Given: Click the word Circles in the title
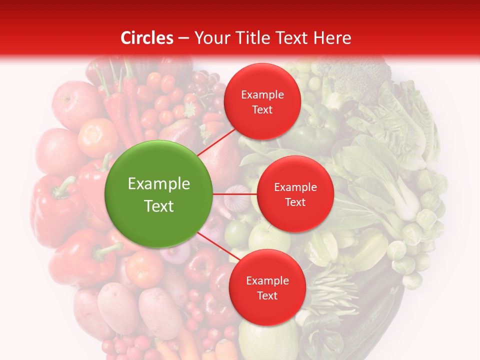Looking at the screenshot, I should pos(147,38).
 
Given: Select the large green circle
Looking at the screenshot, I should pos(158,194).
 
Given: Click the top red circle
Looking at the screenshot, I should pos(262,101).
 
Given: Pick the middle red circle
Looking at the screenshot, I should pos(295,194).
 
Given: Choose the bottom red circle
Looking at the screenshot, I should pos(267,287).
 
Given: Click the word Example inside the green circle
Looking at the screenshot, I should pos(158,184).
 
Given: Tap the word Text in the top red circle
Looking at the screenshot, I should pos(262,109).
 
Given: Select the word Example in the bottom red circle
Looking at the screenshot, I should pos(267,280).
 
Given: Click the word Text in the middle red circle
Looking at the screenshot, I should pos(295,202).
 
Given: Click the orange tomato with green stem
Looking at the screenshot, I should pos(98,137).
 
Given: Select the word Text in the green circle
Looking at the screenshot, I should pos(158,206).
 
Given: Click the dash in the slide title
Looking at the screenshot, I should pos(183,38).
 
